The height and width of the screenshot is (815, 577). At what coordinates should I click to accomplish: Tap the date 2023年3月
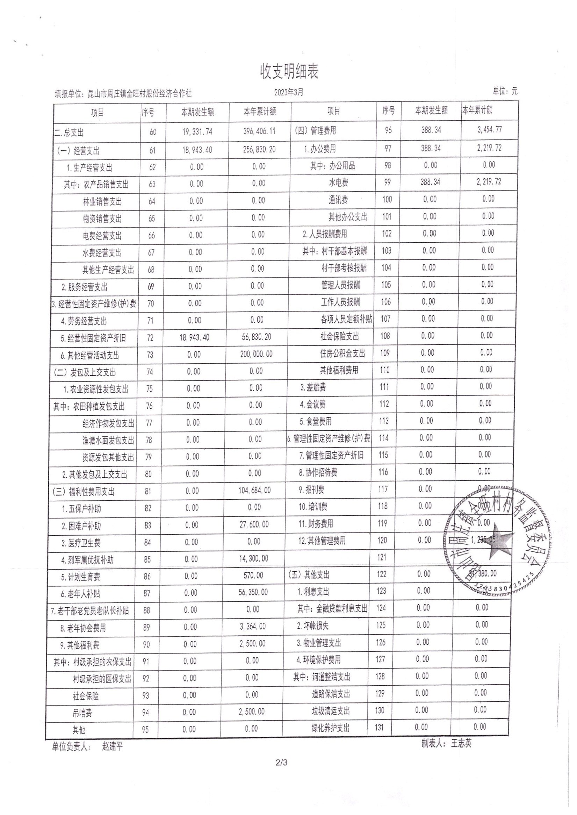pos(289,92)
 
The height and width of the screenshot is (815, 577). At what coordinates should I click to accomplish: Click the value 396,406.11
pos(259,131)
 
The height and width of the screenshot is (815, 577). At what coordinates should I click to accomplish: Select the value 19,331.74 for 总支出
pos(197,132)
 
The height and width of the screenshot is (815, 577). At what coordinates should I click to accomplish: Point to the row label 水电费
pos(338,183)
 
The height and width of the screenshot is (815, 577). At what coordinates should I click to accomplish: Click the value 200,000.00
pos(256,355)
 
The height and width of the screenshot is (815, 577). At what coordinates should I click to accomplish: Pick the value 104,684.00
pos(254,491)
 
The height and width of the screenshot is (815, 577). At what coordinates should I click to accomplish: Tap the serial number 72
pos(150,338)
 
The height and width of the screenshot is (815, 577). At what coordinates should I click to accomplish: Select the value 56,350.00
pos(253,593)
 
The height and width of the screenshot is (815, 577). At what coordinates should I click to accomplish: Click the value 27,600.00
pos(254,524)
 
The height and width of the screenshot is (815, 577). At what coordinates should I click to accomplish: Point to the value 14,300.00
pos(254,558)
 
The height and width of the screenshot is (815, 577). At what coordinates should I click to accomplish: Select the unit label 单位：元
pos(505,91)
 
